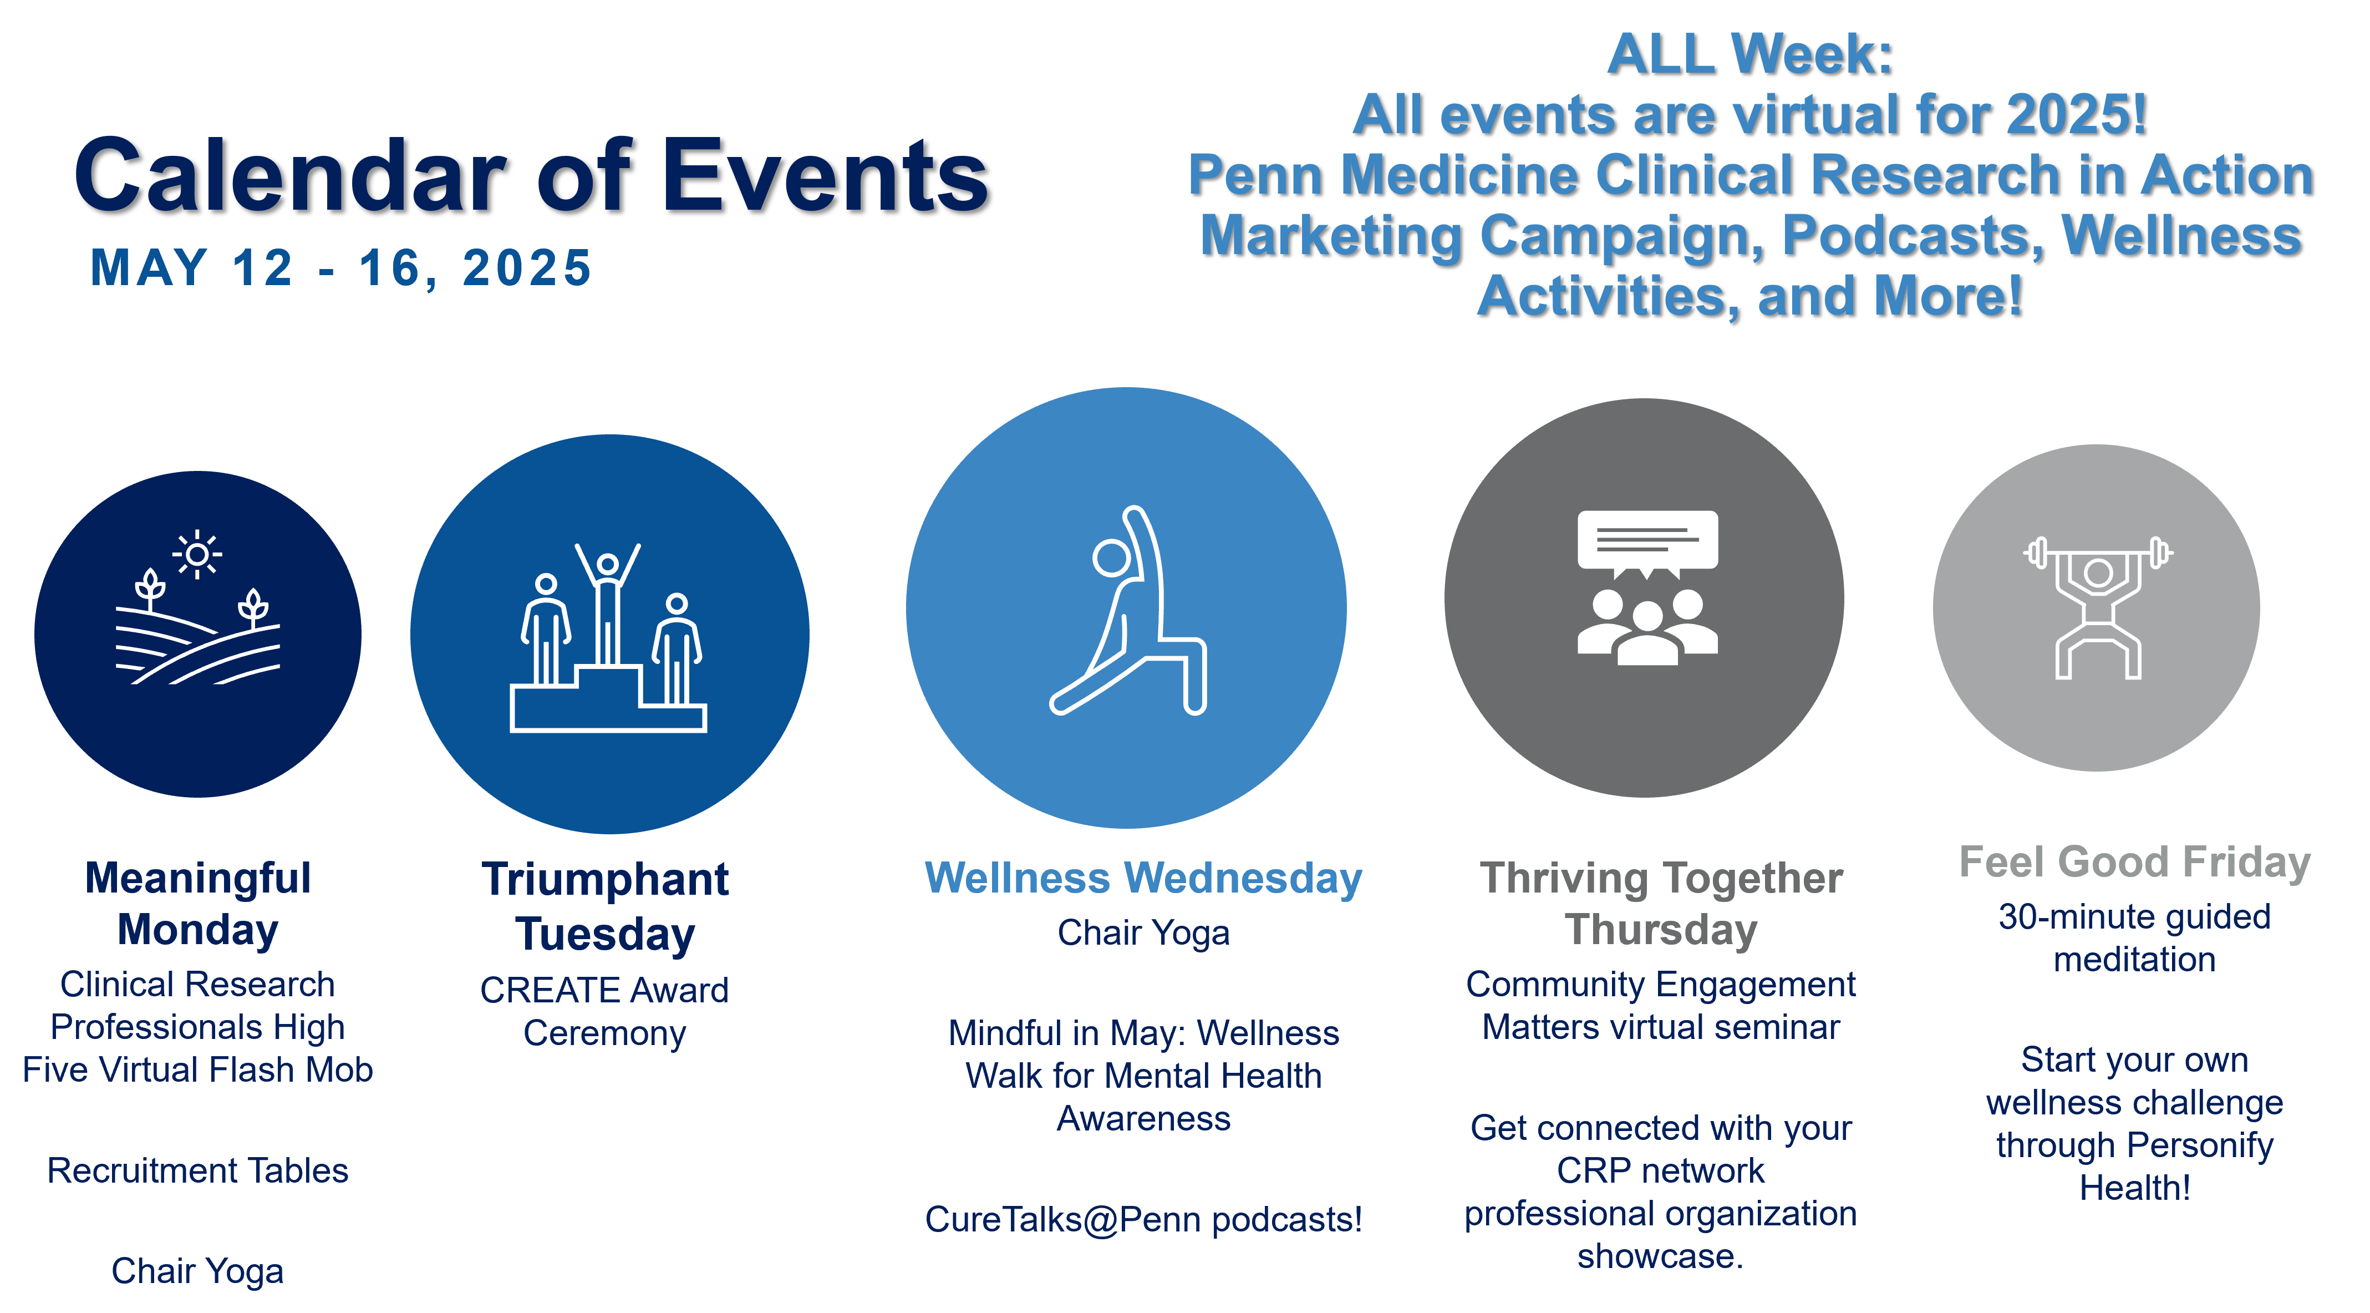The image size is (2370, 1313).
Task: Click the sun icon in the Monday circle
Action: (197, 555)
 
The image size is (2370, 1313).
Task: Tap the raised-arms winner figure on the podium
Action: (607, 602)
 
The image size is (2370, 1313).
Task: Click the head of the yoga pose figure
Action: (1111, 557)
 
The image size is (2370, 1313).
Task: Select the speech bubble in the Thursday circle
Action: (1647, 544)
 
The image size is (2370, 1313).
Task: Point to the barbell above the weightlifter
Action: (2098, 553)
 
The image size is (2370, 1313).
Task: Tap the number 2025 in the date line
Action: (527, 268)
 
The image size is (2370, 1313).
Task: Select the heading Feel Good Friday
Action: (2134, 862)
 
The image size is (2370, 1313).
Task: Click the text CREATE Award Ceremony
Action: (604, 1011)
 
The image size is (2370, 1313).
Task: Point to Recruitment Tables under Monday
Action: (198, 1170)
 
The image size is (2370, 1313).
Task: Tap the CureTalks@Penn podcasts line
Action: (1143, 1219)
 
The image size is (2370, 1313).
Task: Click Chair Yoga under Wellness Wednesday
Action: (1143, 933)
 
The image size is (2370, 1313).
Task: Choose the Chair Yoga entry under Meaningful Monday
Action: (198, 1271)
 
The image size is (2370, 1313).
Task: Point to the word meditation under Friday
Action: (2134, 960)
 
